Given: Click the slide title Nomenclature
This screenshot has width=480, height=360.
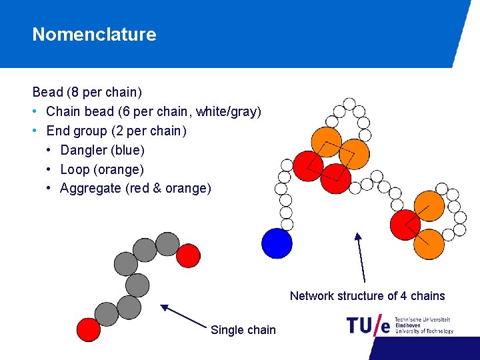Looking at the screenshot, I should (94, 35).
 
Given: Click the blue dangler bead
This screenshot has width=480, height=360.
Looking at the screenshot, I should (277, 243).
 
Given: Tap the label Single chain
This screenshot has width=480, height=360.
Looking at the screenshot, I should (243, 329).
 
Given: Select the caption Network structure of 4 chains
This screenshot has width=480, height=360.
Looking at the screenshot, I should (367, 296).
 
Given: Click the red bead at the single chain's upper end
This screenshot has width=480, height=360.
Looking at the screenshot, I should (189, 255).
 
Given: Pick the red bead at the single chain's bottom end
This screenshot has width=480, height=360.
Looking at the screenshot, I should (89, 329).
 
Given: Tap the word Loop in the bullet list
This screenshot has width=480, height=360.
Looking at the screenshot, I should (74, 169).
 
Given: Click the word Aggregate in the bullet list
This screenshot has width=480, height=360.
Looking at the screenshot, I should (90, 189).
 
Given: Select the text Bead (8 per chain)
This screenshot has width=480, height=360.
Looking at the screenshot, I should (87, 92).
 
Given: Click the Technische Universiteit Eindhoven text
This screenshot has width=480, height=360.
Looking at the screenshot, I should (423, 325).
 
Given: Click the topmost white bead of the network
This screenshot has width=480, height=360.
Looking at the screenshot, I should (349, 104).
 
